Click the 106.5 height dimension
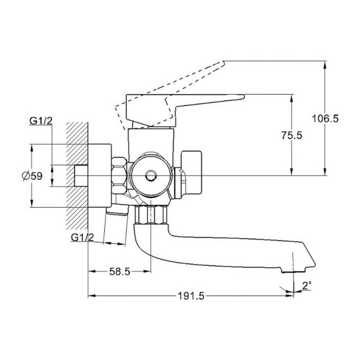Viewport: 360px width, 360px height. [325, 119]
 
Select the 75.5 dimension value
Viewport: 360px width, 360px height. [292, 135]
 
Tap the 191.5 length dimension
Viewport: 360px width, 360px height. [191, 296]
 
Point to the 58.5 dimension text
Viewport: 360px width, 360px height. [119, 272]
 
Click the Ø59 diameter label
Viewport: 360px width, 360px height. [32, 176]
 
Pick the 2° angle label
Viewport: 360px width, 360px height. [307, 285]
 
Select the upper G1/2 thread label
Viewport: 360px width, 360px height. [41, 121]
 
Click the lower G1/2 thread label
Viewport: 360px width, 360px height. [83, 237]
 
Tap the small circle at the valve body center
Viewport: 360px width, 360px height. [150, 176]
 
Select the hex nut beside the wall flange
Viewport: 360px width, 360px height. [119, 176]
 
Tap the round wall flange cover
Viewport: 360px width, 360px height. [100, 176]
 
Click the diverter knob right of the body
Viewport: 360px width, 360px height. [191, 172]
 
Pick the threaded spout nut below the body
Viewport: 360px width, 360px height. [151, 215]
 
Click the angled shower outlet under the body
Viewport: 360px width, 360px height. [117, 210]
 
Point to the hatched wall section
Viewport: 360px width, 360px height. [77, 176]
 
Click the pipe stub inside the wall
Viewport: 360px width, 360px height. [81, 176]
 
